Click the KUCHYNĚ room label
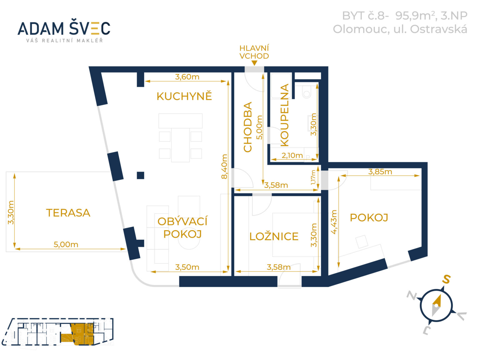point(184,96)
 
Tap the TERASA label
point(68,213)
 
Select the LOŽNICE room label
point(274,237)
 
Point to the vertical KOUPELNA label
point(284,115)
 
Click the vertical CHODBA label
point(248,127)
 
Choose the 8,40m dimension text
point(224,167)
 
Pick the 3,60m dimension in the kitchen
point(187,77)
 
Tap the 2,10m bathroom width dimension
point(292,155)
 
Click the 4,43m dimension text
point(334,222)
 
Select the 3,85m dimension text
point(380,172)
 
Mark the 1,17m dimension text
point(313,177)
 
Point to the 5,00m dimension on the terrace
point(66,244)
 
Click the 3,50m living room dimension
point(187,267)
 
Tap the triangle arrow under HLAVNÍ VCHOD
point(254,63)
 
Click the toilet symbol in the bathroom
point(307,91)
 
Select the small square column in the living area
point(140,175)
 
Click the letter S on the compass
point(446,279)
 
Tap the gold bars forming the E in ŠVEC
point(95,28)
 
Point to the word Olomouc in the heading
point(361,29)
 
